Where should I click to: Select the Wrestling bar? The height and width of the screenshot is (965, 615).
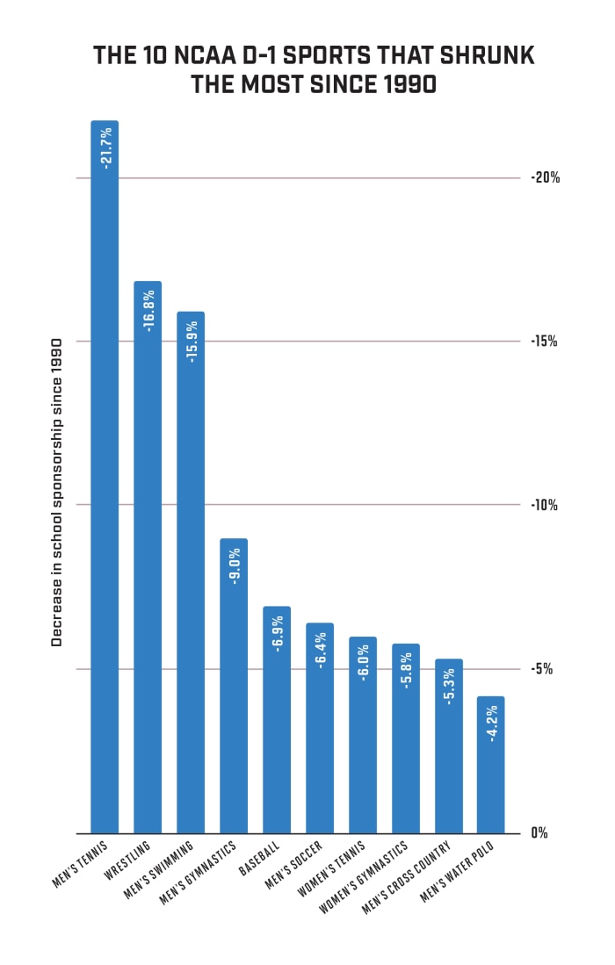(x=148, y=562)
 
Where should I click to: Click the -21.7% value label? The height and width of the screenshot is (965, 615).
(x=105, y=148)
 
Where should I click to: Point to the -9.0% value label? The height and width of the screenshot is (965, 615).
(x=234, y=566)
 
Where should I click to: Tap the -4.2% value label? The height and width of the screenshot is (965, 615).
(x=491, y=724)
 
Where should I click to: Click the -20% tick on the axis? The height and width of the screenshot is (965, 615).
(x=545, y=177)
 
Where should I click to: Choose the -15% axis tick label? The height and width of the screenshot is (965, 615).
(x=545, y=342)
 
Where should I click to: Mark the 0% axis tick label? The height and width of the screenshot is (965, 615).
(x=539, y=832)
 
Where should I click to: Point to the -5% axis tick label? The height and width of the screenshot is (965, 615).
(x=542, y=669)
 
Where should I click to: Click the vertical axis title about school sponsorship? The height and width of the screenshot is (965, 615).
(x=57, y=492)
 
